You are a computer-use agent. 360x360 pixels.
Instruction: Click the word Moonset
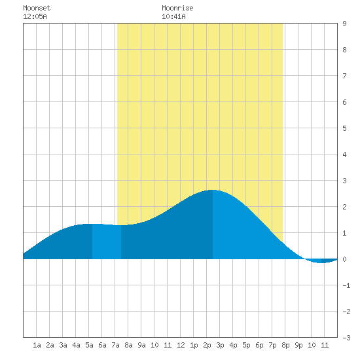click(x=37, y=8)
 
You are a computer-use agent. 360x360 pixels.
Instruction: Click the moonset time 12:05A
click(x=35, y=16)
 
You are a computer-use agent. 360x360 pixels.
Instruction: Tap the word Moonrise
click(x=177, y=8)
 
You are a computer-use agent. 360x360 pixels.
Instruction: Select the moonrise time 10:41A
click(x=173, y=16)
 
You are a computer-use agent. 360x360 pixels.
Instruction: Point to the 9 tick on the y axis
click(x=344, y=24)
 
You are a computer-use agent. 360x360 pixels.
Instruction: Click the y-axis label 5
click(x=344, y=128)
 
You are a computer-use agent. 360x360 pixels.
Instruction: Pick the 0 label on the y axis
click(x=344, y=259)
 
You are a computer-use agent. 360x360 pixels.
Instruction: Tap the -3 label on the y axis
click(x=346, y=338)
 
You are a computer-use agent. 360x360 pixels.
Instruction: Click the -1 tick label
click(x=346, y=285)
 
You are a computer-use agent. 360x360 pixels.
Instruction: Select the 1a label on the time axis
click(x=37, y=345)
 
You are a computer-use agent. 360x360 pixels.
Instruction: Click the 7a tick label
click(x=115, y=345)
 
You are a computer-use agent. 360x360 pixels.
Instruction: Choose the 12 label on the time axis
click(x=181, y=345)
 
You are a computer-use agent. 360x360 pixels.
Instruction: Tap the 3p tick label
click(x=220, y=345)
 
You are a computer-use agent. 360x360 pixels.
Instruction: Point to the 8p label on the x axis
click(x=285, y=345)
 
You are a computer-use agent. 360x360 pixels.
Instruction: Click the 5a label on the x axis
click(x=89, y=345)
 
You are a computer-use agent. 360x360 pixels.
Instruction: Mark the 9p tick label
click(x=298, y=345)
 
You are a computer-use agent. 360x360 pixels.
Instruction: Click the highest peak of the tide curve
click(x=213, y=190)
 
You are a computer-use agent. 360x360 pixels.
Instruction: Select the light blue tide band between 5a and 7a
click(x=107, y=242)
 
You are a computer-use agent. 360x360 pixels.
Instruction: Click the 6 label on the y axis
click(x=344, y=102)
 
